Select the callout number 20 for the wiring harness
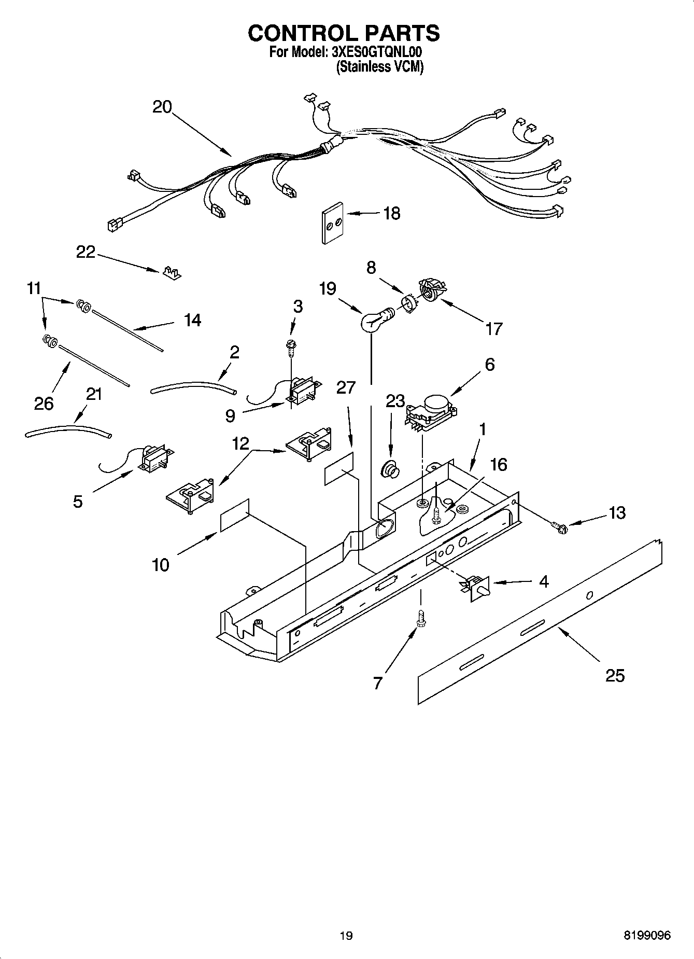click(162, 107)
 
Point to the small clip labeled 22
click(172, 273)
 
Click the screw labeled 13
click(561, 527)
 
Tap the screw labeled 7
click(420, 620)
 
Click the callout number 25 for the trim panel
click(615, 675)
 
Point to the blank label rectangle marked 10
click(235, 516)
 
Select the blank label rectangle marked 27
click(339, 468)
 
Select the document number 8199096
click(647, 935)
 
